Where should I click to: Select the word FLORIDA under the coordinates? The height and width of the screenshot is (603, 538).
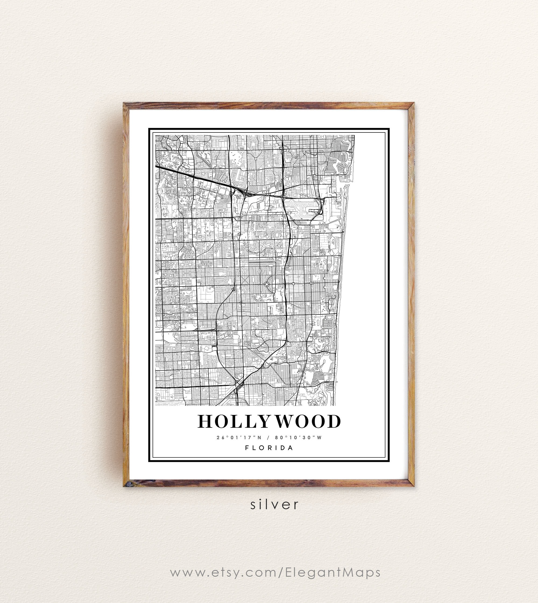point(269,448)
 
